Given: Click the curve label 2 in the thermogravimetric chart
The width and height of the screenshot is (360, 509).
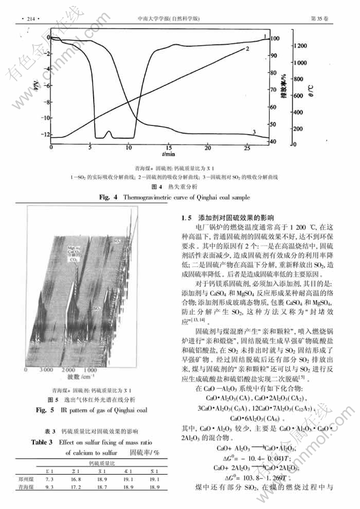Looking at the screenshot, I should click(247, 49).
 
